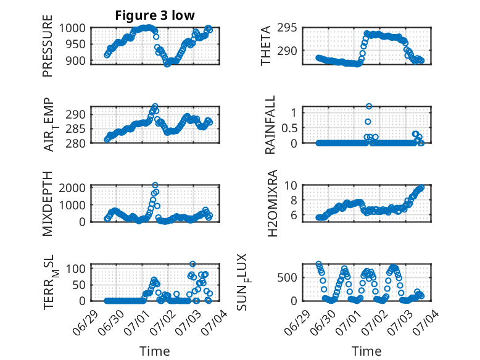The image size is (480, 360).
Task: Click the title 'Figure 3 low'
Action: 155,15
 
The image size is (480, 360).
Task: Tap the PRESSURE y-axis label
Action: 48,46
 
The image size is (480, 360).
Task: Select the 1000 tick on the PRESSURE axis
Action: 72,28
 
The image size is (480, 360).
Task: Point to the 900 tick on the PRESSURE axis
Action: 75,61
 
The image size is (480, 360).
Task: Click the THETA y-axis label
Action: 266,46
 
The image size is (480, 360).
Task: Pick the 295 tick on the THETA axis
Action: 287,28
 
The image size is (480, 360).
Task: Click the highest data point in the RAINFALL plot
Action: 369,106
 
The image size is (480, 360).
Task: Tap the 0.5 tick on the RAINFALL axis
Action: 289,128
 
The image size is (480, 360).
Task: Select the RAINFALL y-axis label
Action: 271,125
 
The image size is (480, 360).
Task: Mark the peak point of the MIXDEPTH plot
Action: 155,185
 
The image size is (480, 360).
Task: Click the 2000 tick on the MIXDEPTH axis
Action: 72,188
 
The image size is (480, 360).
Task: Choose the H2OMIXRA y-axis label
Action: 273,203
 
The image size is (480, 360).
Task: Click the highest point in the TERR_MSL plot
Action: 192,264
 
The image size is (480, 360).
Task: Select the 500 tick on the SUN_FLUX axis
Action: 287,278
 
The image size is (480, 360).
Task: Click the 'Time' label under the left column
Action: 155,351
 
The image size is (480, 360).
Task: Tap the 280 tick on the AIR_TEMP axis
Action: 75,143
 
